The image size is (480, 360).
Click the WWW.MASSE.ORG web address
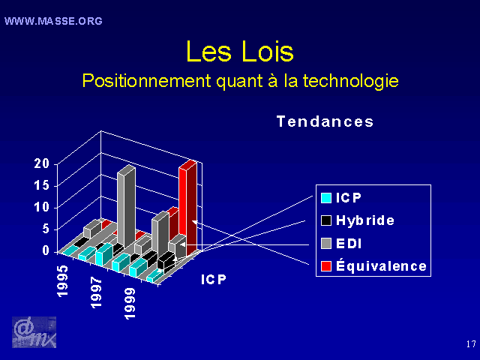pyautogui.click(x=53, y=21)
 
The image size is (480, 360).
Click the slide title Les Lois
pyautogui.click(x=240, y=52)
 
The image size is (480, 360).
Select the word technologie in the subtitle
pyautogui.click(x=351, y=81)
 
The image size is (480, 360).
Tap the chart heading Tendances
pyautogui.click(x=325, y=121)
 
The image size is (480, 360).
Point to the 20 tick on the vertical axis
pyautogui.click(x=42, y=163)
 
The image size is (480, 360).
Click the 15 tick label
pyautogui.click(x=42, y=185)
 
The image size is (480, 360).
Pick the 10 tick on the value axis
pyautogui.click(x=42, y=207)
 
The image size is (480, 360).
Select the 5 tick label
pyautogui.click(x=46, y=229)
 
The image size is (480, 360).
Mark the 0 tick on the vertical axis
pyautogui.click(x=46, y=250)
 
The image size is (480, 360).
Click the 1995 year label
pyautogui.click(x=62, y=280)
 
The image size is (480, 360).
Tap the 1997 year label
pyautogui.click(x=96, y=292)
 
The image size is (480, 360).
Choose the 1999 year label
pyautogui.click(x=130, y=303)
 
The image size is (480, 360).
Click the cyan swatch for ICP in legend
pyautogui.click(x=326, y=198)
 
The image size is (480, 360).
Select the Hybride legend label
pyautogui.click(x=365, y=220)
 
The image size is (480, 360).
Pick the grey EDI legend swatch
pyautogui.click(x=326, y=244)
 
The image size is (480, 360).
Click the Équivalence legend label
pyautogui.click(x=381, y=265)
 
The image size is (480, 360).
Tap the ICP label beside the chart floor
pyautogui.click(x=214, y=280)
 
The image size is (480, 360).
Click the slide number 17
pyautogui.click(x=471, y=344)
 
